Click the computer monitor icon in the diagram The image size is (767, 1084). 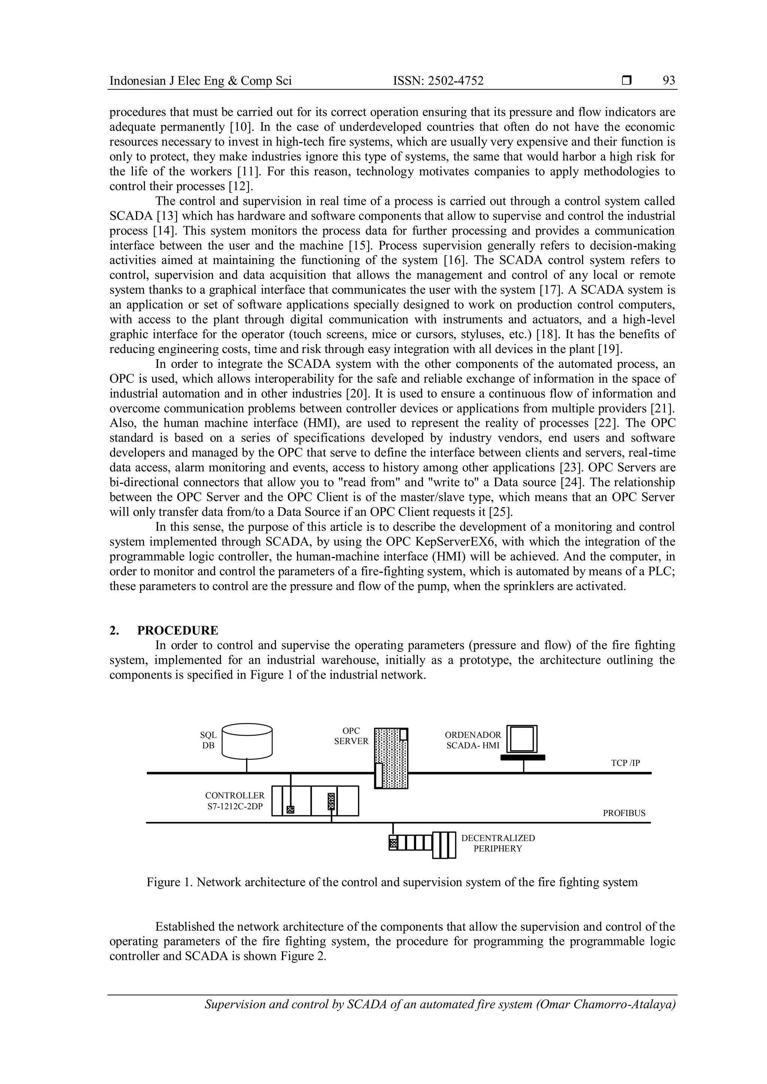click(522, 740)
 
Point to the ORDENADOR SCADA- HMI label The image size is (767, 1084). click(473, 740)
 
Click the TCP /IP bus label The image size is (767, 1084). click(625, 763)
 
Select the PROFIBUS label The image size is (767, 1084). click(624, 813)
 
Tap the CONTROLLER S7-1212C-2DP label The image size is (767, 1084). click(235, 801)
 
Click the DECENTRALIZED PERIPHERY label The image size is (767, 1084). click(498, 843)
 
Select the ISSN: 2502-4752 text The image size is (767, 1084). click(438, 81)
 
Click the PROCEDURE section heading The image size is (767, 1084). click(178, 630)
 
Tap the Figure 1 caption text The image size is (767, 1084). click(392, 882)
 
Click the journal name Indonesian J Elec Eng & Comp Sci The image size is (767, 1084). click(200, 81)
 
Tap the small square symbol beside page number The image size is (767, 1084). click(626, 81)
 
